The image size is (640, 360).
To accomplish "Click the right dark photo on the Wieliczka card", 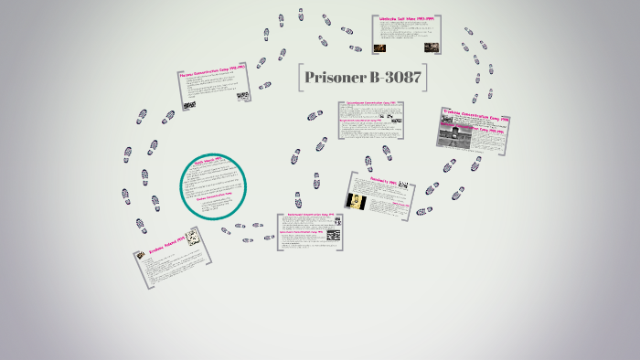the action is tap(431, 47).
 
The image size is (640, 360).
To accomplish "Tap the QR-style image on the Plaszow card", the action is tap(242, 96).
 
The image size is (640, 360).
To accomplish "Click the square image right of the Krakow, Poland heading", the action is tap(193, 239).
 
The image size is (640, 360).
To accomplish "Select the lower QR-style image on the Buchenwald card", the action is tap(334, 236).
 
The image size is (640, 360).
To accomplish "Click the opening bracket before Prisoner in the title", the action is tap(300, 79).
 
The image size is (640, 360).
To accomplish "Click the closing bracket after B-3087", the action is tap(427, 79).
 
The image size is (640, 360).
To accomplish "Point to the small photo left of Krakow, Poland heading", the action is tap(140, 255).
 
